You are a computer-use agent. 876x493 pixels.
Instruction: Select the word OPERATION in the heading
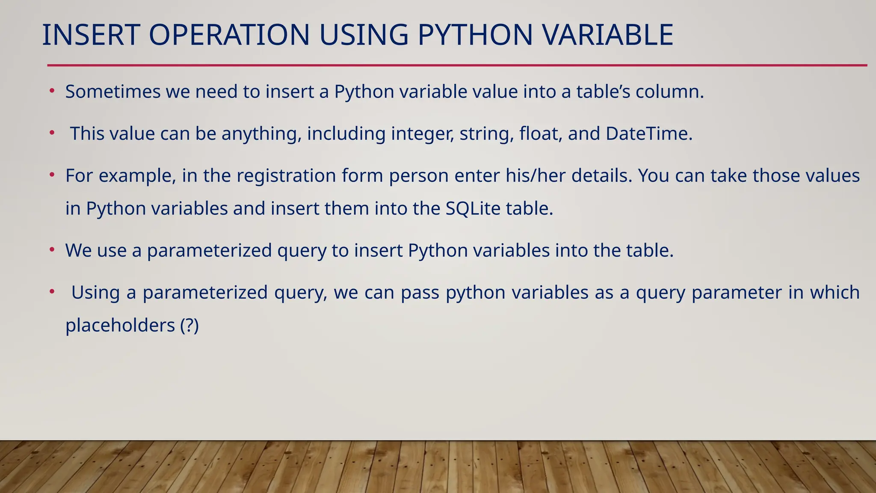[229, 35]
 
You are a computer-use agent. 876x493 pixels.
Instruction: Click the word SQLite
[473, 209]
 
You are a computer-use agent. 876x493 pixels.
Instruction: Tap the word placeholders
[120, 326]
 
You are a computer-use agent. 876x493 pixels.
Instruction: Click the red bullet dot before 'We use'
[52, 249]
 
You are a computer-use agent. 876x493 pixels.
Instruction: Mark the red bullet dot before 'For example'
[52, 175]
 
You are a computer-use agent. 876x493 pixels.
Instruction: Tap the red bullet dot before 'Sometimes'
[52, 91]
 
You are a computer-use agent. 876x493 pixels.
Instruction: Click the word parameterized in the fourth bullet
[209, 251]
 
